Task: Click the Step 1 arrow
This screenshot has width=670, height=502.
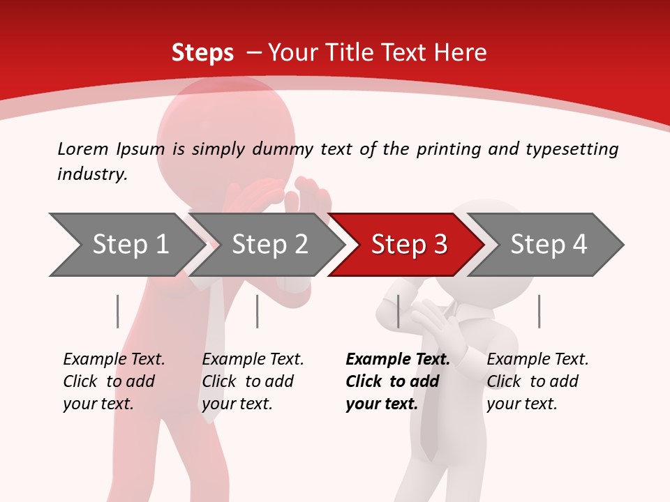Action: click(130, 245)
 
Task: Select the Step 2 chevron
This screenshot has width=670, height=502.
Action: click(269, 245)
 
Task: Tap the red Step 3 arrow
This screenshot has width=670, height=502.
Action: click(408, 245)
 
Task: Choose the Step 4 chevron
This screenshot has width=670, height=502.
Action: click(548, 245)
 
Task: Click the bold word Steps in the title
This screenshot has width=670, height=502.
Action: click(202, 52)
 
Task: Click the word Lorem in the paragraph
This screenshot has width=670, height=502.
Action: click(82, 149)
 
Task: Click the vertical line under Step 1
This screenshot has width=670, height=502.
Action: click(117, 311)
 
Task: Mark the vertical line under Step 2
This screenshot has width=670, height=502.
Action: click(257, 311)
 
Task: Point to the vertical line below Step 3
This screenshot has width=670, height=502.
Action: click(398, 311)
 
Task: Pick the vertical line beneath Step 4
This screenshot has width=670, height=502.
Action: click(539, 311)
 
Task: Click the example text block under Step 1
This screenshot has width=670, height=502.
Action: click(114, 381)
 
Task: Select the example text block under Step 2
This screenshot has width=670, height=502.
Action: click(253, 381)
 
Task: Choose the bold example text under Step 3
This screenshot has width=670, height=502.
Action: click(397, 381)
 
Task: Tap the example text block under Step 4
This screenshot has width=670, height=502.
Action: click(537, 381)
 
